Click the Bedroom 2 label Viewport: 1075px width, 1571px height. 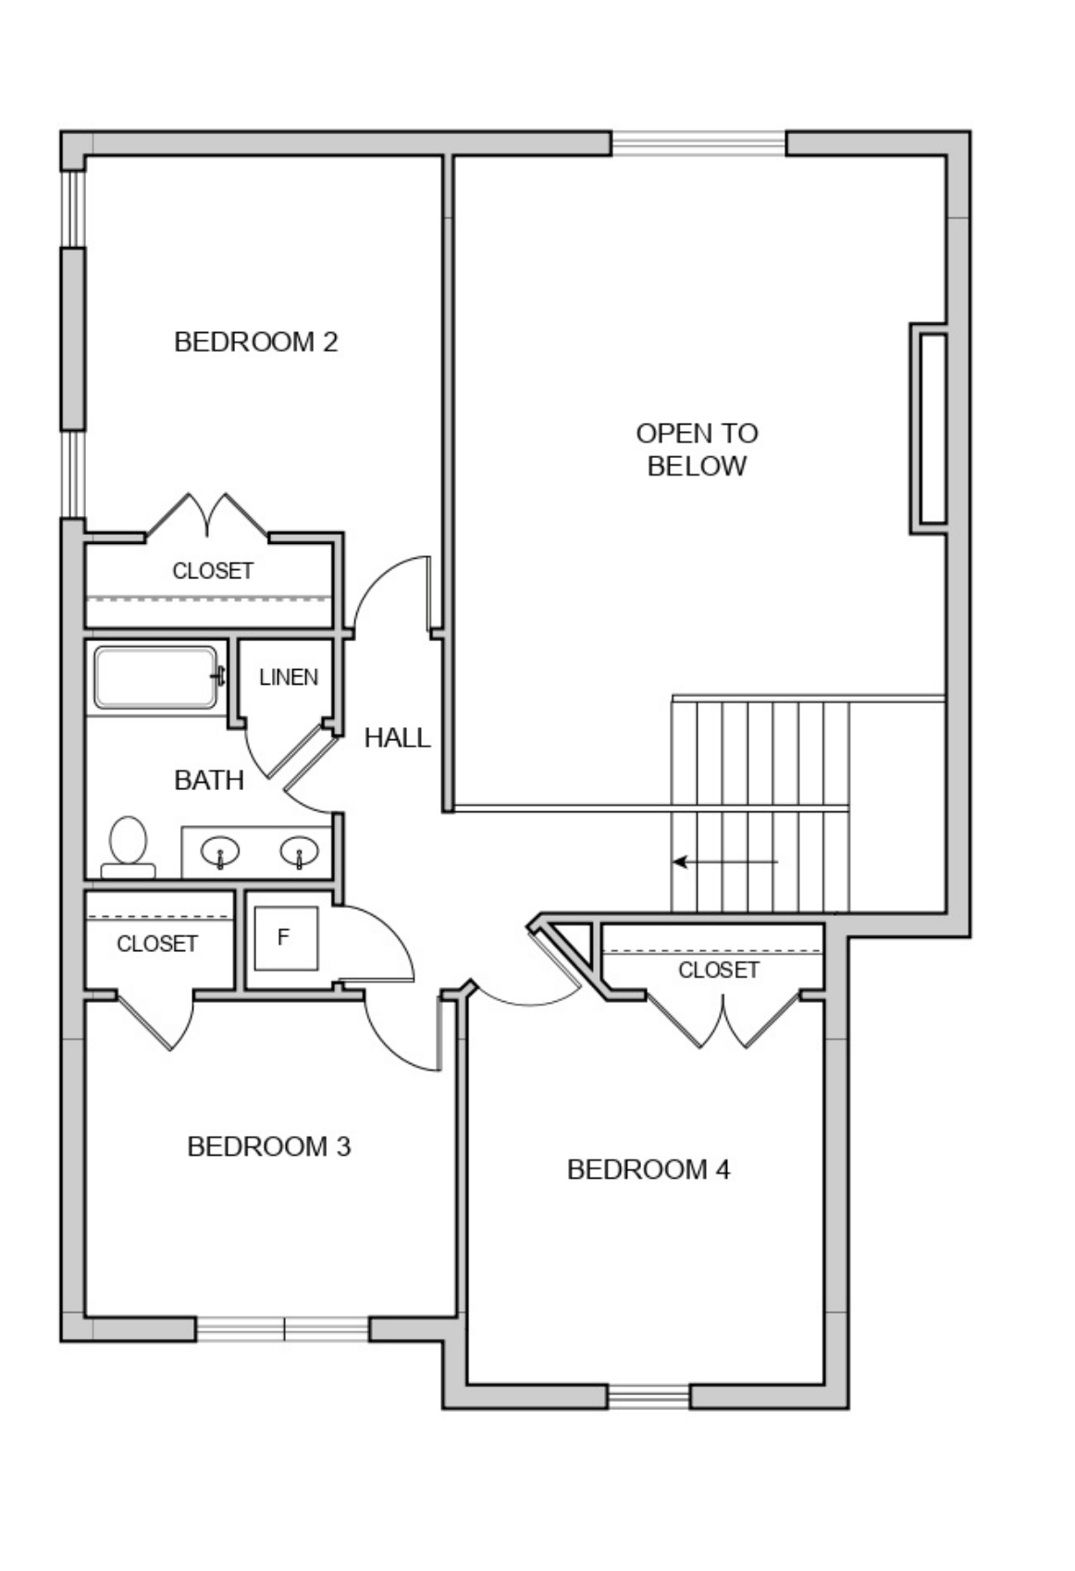pos(256,342)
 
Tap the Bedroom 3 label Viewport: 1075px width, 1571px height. pos(268,1146)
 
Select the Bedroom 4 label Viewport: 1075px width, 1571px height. pos(649,1169)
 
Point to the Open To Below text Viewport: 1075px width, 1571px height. pos(697,450)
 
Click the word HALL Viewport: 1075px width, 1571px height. pos(398,737)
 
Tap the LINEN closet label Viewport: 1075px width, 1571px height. pos(289,677)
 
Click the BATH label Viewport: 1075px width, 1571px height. pos(209,780)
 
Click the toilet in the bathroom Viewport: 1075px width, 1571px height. pos(129,847)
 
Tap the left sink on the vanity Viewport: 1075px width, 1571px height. pos(220,851)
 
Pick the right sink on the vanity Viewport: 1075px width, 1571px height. pos(300,851)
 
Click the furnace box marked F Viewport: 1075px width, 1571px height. pos(286,937)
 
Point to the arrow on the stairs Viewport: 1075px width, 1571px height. pos(725,861)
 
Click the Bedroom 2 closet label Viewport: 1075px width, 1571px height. pos(213,571)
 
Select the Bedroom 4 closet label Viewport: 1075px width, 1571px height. pos(719,970)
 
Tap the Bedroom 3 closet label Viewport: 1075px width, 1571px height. pos(157,944)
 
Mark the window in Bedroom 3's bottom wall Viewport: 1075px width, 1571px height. pos(282,1329)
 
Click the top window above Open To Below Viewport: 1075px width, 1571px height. pos(698,143)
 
